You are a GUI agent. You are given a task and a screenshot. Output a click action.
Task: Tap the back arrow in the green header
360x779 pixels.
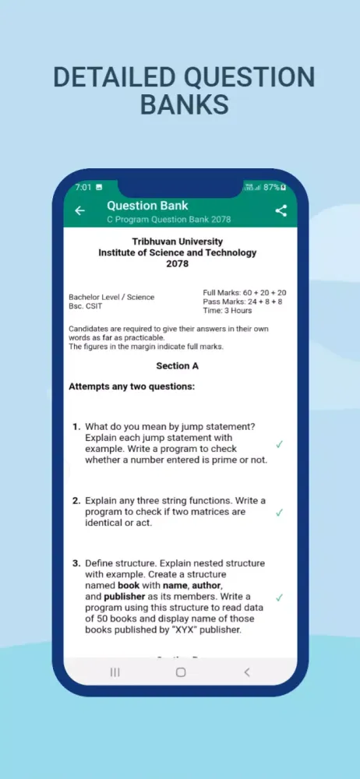click(x=79, y=210)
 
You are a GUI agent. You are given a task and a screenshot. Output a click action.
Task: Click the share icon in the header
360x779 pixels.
click(x=281, y=210)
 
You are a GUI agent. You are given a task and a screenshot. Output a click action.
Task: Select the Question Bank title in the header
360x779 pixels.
click(x=147, y=206)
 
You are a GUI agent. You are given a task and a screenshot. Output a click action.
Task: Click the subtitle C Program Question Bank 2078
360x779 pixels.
click(x=168, y=220)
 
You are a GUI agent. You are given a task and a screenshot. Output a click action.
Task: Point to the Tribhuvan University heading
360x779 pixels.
click(x=177, y=241)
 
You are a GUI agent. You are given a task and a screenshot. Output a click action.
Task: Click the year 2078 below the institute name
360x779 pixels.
click(x=177, y=264)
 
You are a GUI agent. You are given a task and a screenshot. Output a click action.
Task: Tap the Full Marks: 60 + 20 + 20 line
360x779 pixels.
click(x=244, y=292)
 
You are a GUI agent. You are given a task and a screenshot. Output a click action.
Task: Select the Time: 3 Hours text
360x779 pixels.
click(x=227, y=310)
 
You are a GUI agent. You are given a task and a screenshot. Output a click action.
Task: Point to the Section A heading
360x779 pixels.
click(x=177, y=365)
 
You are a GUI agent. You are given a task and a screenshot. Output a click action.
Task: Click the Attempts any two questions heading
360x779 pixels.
click(x=132, y=386)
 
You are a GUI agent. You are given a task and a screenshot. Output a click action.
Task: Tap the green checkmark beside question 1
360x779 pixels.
click(x=279, y=444)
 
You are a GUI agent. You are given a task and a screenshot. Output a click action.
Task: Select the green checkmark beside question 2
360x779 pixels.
click(x=279, y=513)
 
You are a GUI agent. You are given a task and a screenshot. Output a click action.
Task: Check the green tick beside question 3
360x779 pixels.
click(x=279, y=597)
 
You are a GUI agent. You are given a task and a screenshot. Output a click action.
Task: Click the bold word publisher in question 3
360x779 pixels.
click(x=124, y=597)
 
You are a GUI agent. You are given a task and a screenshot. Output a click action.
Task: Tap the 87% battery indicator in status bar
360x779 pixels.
click(x=274, y=188)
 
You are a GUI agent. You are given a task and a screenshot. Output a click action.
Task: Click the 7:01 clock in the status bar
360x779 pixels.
click(x=83, y=188)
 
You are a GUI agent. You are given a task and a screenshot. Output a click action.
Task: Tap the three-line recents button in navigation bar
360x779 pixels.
click(x=115, y=671)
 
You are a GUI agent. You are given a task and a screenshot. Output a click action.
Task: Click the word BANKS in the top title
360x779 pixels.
click(x=184, y=104)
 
